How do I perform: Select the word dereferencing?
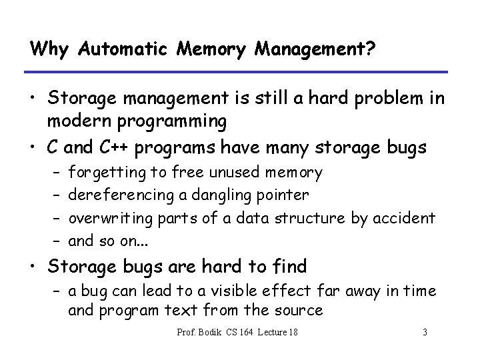pos(119,195)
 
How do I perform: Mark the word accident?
pos(407,217)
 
